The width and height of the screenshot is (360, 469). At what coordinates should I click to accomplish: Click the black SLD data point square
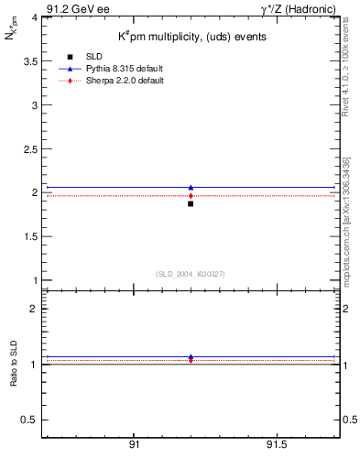click(x=191, y=203)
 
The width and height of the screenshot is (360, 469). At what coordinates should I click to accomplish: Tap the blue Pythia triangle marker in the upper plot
click(x=191, y=187)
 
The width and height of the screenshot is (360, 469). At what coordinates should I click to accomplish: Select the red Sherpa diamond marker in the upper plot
click(x=191, y=195)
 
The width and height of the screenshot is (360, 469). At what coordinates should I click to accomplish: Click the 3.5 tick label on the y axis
click(x=29, y=61)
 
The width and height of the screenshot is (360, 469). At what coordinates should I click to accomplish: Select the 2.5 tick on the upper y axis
click(x=29, y=148)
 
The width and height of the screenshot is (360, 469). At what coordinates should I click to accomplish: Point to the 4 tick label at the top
click(x=34, y=17)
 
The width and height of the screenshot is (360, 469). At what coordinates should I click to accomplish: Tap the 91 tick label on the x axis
click(x=134, y=445)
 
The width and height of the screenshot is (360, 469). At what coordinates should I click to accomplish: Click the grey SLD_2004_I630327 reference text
click(x=190, y=274)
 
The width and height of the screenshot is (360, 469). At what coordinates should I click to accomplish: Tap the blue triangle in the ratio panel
click(x=191, y=357)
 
